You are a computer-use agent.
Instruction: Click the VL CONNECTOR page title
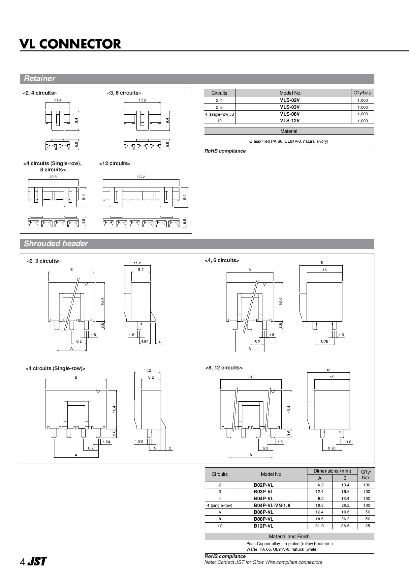point(70,44)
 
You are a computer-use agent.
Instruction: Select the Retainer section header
point(39,78)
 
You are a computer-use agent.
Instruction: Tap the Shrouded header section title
point(56,244)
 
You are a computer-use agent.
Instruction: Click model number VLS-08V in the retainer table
point(290,114)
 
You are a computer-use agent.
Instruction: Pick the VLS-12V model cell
point(290,121)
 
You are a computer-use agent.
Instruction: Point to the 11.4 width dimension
point(58,100)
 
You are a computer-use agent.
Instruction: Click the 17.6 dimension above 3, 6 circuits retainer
point(142,100)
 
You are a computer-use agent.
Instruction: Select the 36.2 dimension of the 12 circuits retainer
point(141,177)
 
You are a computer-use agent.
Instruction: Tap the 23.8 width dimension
point(53,177)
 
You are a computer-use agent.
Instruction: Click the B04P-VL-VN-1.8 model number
point(272,506)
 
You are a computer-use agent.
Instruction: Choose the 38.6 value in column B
point(345,526)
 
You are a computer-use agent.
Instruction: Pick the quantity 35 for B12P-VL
point(367,526)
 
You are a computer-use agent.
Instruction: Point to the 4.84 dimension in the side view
point(144,341)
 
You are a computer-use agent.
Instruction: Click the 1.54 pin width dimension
point(106,442)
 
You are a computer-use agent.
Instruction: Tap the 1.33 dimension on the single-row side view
point(139,441)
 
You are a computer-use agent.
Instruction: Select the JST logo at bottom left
point(37,562)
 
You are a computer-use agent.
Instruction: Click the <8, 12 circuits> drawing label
point(224,368)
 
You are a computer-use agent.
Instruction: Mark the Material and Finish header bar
point(289,536)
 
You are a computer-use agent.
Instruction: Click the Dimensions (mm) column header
point(332,471)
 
